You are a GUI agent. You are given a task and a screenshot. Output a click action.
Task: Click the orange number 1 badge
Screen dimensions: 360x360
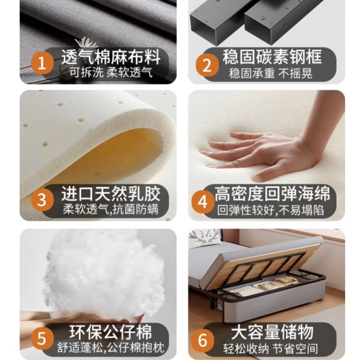point(42,63)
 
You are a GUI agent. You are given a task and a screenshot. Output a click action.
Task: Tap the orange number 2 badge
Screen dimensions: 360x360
point(207,65)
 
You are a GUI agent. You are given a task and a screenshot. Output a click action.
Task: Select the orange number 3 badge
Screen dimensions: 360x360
point(42,200)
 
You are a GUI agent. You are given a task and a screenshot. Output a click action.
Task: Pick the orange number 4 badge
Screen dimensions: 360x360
point(202,202)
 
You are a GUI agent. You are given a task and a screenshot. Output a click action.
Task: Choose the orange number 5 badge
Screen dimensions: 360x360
point(42,338)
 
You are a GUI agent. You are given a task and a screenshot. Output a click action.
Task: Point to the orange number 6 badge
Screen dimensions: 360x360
point(202,340)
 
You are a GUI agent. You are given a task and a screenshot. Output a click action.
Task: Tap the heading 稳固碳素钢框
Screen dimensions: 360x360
point(272,57)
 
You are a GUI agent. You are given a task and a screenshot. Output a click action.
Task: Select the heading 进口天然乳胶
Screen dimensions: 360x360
point(111,194)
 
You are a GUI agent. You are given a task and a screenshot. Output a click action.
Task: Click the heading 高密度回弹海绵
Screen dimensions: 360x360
point(272,194)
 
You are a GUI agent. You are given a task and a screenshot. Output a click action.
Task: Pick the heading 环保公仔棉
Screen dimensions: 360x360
point(111,332)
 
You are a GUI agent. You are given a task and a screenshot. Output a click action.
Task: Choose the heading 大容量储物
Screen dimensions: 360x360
point(272,332)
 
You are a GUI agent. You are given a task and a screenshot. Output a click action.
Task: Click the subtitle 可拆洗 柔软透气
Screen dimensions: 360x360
point(111,72)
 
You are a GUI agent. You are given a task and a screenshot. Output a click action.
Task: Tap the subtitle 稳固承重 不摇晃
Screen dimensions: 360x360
point(270,73)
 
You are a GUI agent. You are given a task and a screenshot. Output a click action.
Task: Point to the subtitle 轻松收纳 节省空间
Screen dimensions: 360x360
point(271,349)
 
